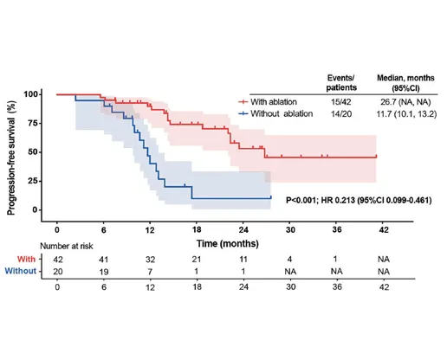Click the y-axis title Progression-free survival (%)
coord(14,149)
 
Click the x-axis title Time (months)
coord(223,243)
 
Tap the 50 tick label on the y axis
coord(36,152)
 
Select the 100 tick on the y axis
coord(34,93)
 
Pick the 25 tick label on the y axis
coord(36,181)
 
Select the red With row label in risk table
coord(23,257)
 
